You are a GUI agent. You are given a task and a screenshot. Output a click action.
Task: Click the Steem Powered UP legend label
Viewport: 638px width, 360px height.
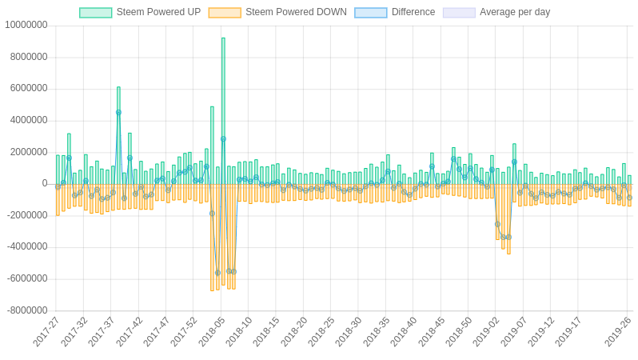[158, 12]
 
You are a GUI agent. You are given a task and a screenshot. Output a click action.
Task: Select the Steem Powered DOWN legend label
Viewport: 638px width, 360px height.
[296, 12]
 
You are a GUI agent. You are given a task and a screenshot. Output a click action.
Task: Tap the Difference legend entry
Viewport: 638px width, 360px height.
[413, 12]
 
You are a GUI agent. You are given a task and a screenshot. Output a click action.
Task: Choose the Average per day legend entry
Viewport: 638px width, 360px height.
[515, 12]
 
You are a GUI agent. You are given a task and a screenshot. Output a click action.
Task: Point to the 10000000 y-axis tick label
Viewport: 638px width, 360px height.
[26, 25]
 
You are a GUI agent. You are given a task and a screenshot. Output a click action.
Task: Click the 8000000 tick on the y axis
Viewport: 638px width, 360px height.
[29, 57]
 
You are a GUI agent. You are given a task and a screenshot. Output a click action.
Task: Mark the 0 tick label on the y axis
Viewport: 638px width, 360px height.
[45, 183]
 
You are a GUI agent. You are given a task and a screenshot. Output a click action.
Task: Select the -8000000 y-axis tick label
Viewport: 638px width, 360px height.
[27, 310]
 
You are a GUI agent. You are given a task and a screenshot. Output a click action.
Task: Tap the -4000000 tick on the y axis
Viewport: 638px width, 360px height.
[27, 246]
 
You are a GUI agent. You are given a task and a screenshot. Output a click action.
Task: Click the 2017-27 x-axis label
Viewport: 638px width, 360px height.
[47, 331]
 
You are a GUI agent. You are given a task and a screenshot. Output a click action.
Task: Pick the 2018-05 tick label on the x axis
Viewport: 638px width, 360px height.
[212, 331]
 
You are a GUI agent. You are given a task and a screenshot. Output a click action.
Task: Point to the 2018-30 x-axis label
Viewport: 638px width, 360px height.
[349, 331]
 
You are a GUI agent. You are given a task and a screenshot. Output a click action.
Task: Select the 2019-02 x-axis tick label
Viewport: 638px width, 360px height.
[486, 331]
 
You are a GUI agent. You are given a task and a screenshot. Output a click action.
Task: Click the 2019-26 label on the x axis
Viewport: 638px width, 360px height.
[618, 331]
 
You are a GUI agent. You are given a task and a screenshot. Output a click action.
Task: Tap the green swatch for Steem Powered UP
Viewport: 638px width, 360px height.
[95, 12]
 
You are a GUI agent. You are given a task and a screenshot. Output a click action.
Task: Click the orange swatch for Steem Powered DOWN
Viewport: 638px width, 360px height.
[225, 12]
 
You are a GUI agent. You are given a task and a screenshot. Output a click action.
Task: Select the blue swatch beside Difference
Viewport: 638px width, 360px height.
[370, 12]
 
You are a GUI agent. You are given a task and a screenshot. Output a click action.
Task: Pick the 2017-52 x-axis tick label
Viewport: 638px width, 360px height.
[185, 331]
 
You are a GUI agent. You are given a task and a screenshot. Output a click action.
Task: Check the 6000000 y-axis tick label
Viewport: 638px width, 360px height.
[29, 88]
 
